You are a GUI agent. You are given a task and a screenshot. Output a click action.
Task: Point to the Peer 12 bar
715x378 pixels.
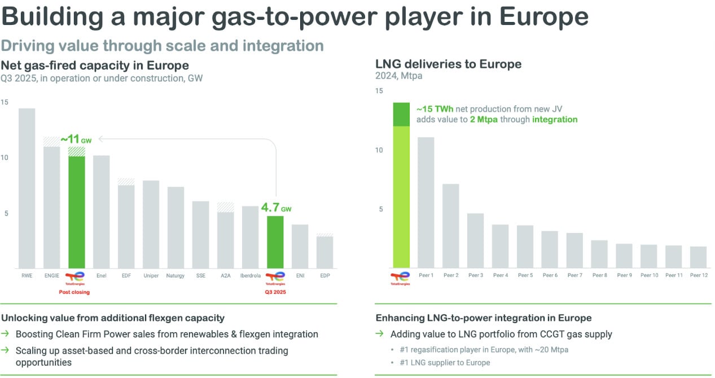point(698,257)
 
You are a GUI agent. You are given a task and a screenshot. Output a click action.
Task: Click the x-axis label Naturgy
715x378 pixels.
point(176,276)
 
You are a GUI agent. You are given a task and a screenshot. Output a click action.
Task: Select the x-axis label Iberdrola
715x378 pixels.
point(250,276)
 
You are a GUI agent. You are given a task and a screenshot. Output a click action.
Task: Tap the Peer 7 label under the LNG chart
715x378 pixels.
point(574,276)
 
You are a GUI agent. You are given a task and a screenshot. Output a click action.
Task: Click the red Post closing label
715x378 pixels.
point(74,292)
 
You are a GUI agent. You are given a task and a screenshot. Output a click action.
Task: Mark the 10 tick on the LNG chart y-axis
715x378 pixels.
point(378,150)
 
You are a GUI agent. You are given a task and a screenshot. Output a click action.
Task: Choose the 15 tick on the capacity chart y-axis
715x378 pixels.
point(5,102)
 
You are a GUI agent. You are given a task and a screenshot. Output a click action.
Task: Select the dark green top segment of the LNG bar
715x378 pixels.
point(401,114)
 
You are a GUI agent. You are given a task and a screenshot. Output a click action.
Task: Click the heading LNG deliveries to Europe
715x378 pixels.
point(449,64)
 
